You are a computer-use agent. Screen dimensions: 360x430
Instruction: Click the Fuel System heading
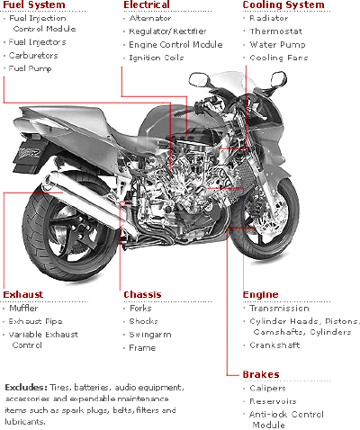pyautogui.click(x=34, y=4)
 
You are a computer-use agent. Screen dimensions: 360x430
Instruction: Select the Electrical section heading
pyautogui.click(x=147, y=4)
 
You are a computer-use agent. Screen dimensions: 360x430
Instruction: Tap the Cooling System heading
pyautogui.click(x=283, y=4)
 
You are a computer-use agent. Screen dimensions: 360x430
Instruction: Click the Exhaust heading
pyautogui.click(x=23, y=294)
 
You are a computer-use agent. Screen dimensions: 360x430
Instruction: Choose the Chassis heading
pyautogui.click(x=142, y=294)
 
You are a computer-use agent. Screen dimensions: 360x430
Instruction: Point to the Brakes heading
pyautogui.click(x=261, y=374)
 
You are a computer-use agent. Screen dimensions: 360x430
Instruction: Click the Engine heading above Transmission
pyautogui.click(x=260, y=295)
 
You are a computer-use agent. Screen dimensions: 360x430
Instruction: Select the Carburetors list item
pyautogui.click(x=33, y=56)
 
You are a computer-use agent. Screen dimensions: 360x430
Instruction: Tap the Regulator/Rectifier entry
pyautogui.click(x=167, y=31)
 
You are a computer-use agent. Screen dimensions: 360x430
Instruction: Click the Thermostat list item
pyautogui.click(x=276, y=31)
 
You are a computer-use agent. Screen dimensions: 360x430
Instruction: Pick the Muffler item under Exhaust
pyautogui.click(x=23, y=309)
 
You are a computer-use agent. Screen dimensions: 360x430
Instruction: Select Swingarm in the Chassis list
pyautogui.click(x=150, y=335)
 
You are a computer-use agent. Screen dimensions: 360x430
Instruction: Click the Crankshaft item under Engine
pyautogui.click(x=274, y=345)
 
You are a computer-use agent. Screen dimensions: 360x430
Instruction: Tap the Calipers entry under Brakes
pyautogui.click(x=267, y=389)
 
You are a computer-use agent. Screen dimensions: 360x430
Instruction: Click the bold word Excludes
pyautogui.click(x=26, y=388)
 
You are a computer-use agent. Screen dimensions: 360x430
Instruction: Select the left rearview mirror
pyautogui.click(x=200, y=79)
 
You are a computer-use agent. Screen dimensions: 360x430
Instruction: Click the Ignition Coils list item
pyautogui.click(x=157, y=58)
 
